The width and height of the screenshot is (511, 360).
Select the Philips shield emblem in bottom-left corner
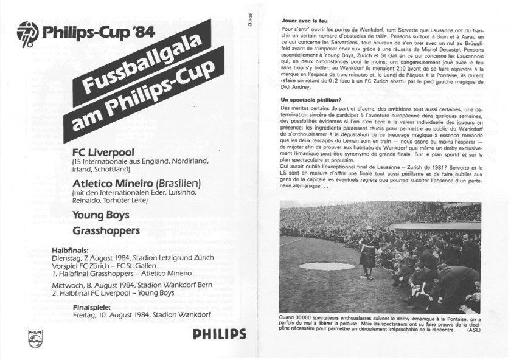pos(35,339)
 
